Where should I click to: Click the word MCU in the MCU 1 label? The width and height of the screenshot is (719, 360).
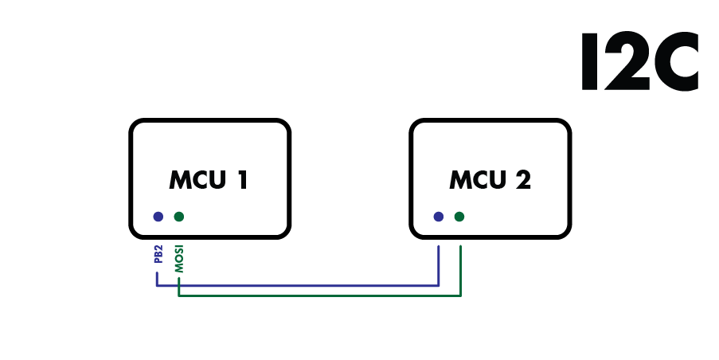pos(193,180)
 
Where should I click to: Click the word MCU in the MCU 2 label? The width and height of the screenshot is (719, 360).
pos(473,180)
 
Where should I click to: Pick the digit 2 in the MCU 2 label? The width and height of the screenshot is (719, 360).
pos(522,180)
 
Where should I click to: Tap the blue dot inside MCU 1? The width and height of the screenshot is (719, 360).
pos(158,216)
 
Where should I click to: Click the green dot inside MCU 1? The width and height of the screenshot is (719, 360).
pos(178,216)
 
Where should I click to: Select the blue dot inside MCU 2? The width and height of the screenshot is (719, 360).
pos(438,216)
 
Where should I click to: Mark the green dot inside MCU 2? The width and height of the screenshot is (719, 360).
pos(459,216)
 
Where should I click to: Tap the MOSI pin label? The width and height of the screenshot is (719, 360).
pos(179,259)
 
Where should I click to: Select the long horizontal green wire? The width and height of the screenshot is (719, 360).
pos(318,296)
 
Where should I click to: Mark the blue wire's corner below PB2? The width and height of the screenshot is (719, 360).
pos(158,285)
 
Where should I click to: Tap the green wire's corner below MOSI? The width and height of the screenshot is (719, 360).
pos(179,296)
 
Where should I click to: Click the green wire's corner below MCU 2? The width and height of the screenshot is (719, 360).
pos(461,296)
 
